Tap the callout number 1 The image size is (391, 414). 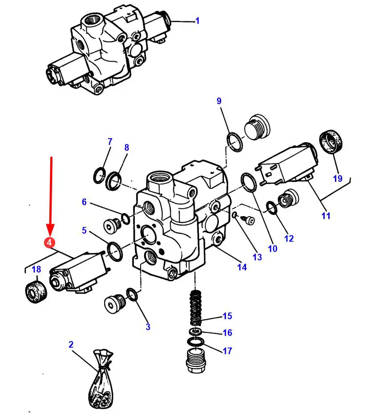198,21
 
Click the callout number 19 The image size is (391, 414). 338,178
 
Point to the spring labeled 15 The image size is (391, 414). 195,308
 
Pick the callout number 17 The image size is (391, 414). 227,351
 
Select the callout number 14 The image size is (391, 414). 242,267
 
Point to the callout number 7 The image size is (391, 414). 110,142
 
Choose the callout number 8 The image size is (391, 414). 126,148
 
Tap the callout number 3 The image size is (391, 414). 148,327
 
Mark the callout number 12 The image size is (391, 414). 289,238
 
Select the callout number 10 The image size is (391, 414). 272,249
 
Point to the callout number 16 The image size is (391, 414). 227,333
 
